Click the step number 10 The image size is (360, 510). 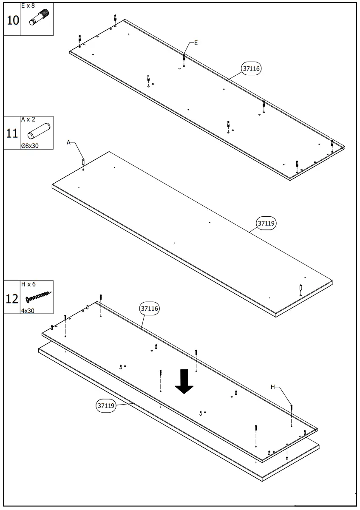[x=12, y=20]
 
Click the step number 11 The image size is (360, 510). [x=12, y=133]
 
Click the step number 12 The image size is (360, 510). [x=12, y=298]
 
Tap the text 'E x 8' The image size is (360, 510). [x=28, y=6]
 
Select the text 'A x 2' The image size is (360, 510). [x=28, y=119]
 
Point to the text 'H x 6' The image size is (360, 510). [x=28, y=284]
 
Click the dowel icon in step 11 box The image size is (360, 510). [x=39, y=131]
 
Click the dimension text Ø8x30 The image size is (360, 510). [x=29, y=145]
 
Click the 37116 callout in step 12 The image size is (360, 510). [x=149, y=309]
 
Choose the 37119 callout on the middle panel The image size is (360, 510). [x=266, y=223]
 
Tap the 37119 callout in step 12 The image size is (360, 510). [x=106, y=405]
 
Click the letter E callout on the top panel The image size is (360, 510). [x=196, y=42]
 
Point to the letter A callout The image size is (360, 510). [x=68, y=143]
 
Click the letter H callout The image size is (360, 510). [x=273, y=387]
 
